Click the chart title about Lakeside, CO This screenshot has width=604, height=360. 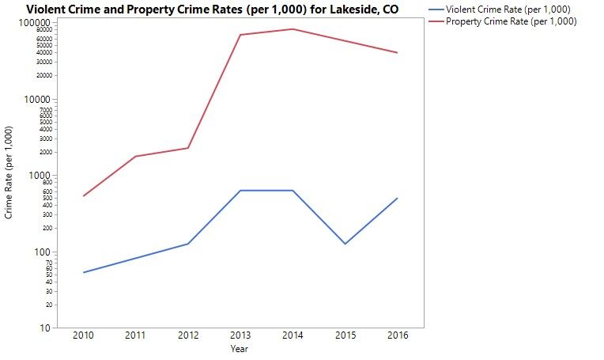[x=213, y=9]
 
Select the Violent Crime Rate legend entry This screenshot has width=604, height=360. [x=508, y=9]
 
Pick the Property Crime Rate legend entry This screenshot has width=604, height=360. [x=511, y=21]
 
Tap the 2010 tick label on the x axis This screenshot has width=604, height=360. [x=83, y=336]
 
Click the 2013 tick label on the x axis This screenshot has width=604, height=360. [x=240, y=336]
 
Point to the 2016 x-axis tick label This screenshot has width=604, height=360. [x=398, y=336]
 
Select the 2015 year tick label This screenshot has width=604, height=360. [x=345, y=336]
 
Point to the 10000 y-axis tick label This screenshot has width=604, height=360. [x=38, y=100]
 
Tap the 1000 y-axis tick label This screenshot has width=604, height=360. [x=40, y=176]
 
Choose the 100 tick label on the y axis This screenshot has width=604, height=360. [x=43, y=252]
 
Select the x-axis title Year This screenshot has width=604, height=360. [x=240, y=348]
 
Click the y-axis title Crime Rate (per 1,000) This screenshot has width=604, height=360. [x=9, y=172]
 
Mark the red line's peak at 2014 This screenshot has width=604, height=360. [x=293, y=29]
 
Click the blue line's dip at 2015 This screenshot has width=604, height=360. [x=345, y=244]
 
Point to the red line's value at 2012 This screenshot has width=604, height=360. [x=188, y=148]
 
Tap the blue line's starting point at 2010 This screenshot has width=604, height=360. [x=83, y=272]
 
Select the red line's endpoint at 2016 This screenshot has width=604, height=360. [x=398, y=52]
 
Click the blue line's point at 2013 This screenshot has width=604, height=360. [x=240, y=191]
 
